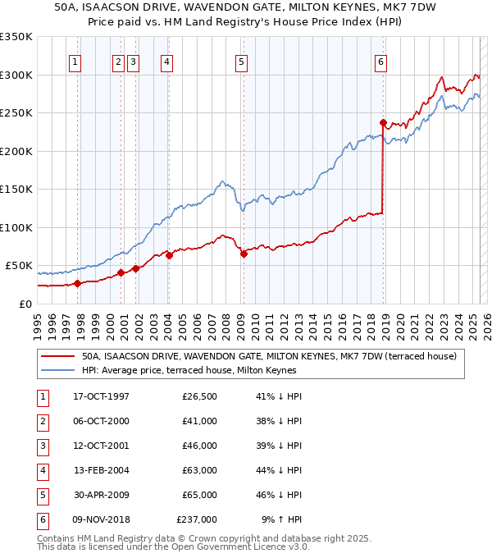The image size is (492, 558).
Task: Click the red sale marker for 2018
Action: pos(383,122)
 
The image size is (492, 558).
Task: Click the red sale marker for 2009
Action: pos(244,254)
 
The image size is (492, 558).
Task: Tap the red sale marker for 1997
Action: pos(77,283)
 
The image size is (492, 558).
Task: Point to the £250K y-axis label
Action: pos(16,112)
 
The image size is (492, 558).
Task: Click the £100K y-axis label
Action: pos(16,227)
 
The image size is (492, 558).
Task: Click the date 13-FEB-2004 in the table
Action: pos(101,471)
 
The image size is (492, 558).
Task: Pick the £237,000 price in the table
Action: pos(197,519)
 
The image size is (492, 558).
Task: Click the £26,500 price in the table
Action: pos(199,397)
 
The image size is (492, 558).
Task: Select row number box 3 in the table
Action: pos(42,446)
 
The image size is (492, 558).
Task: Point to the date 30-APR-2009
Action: pos(101,495)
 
